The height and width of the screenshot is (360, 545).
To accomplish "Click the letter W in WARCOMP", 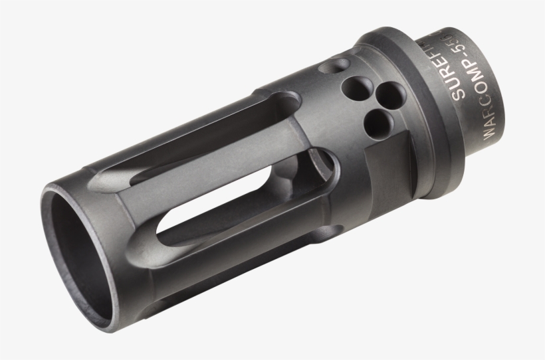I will pyautogui.click(x=490, y=130).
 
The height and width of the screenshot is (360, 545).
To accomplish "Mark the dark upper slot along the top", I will pyautogui.click(x=199, y=133).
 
